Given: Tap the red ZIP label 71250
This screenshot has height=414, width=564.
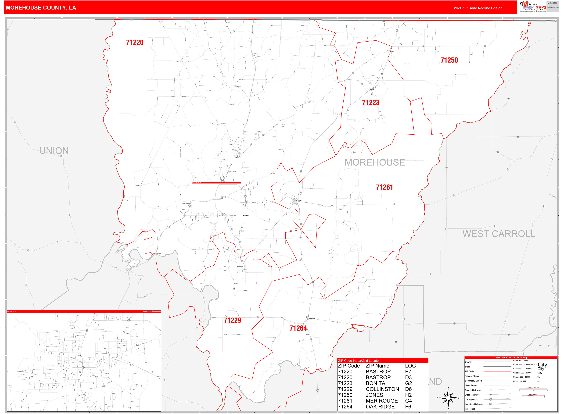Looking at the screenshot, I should click(x=449, y=60).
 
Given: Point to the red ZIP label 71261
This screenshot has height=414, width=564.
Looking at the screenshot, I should click(x=384, y=187).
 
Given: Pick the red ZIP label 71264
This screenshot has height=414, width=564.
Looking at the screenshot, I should click(x=298, y=328).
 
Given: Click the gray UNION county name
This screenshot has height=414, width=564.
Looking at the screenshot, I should click(x=54, y=151).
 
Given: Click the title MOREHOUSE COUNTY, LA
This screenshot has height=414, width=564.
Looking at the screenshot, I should click(x=41, y=8).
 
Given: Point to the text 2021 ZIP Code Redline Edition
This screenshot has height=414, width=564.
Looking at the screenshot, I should click(x=478, y=8).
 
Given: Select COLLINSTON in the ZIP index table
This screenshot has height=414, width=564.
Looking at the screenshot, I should click(x=382, y=389).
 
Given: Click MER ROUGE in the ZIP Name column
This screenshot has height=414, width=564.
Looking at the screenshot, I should click(x=381, y=401).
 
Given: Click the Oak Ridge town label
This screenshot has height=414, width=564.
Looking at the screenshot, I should click(x=311, y=319).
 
